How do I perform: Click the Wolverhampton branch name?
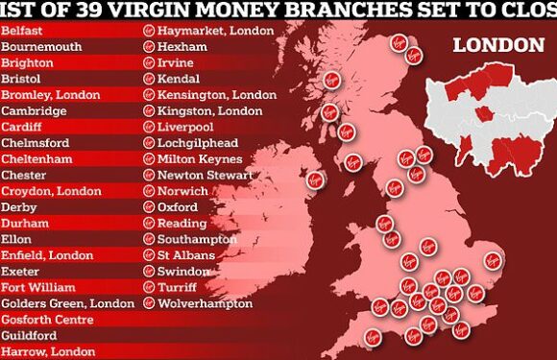point(199,303)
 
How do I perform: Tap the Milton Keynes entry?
point(198,158)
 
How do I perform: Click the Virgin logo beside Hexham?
point(150,46)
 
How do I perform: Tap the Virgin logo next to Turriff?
point(150,287)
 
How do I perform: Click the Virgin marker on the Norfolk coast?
point(494,258)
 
